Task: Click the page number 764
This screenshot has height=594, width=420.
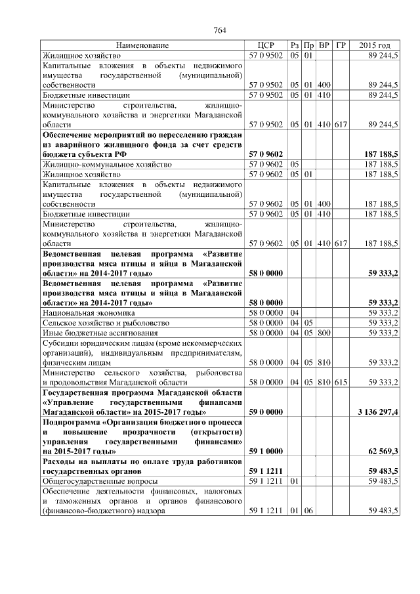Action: pyautogui.click(x=220, y=30)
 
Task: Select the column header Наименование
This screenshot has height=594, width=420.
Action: pyautogui.click(x=142, y=45)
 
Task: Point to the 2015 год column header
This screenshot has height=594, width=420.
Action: pyautogui.click(x=375, y=45)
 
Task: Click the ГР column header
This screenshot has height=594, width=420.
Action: pyautogui.click(x=341, y=45)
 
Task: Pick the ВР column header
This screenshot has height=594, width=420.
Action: pyautogui.click(x=324, y=45)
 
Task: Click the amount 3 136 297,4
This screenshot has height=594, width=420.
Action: pyautogui.click(x=377, y=412)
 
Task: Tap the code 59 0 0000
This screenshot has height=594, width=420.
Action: pyautogui.click(x=266, y=412)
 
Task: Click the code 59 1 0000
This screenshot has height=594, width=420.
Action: pyautogui.click(x=266, y=452)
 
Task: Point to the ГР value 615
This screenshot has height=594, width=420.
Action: pyautogui.click(x=340, y=382)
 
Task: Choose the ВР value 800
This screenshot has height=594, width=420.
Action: pyautogui.click(x=324, y=333)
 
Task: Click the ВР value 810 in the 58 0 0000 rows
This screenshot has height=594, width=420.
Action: pyautogui.click(x=324, y=362)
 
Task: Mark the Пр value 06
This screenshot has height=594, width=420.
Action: pyautogui.click(x=307, y=510)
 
